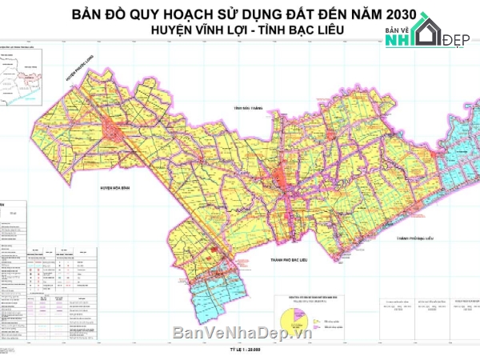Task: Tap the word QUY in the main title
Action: tap(151, 15)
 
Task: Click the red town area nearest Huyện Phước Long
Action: tap(116, 128)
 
